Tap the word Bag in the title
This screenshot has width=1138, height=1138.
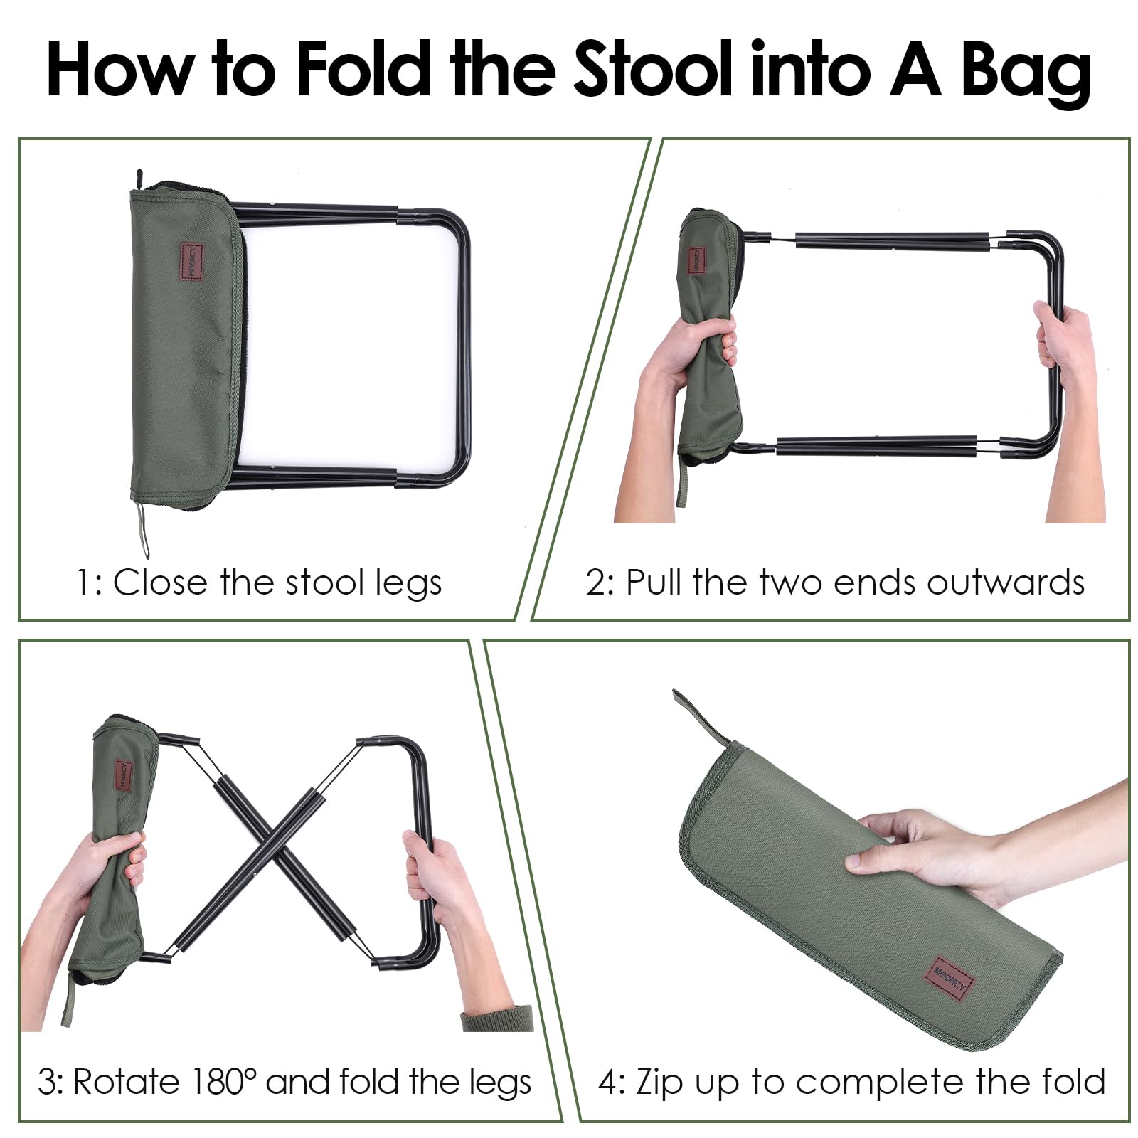tap(1026, 73)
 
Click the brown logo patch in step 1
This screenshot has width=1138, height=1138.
tap(196, 262)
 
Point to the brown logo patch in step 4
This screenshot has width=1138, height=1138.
tap(950, 977)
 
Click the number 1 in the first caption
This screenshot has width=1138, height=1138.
tap(86, 583)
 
